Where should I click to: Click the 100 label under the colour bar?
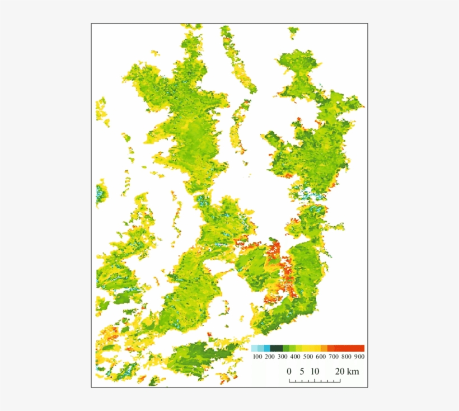[257, 357]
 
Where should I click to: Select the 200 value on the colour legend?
[270, 357]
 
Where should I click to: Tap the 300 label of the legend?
[283, 357]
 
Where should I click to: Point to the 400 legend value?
[296, 357]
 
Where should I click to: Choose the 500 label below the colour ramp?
[308, 357]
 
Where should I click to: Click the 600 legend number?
[321, 357]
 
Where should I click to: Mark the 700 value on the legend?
[334, 357]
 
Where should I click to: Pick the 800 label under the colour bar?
[346, 357]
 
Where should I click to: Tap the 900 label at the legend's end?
[359, 357]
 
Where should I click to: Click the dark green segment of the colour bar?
[277, 348]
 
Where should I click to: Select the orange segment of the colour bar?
[324, 348]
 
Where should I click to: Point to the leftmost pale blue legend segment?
[255, 348]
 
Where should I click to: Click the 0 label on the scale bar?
[289, 371]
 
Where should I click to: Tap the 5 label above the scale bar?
[302, 371]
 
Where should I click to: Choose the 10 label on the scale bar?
[315, 371]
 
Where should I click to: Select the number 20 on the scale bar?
[339, 371]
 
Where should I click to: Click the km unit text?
[353, 371]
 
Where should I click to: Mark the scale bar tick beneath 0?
[289, 381]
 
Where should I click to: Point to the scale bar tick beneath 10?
[315, 381]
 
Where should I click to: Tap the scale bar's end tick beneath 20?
[340, 381]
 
